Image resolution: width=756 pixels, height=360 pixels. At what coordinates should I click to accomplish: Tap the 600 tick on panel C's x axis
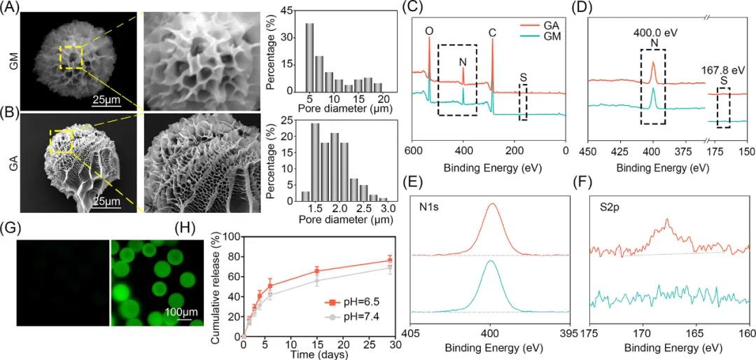(413, 151)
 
